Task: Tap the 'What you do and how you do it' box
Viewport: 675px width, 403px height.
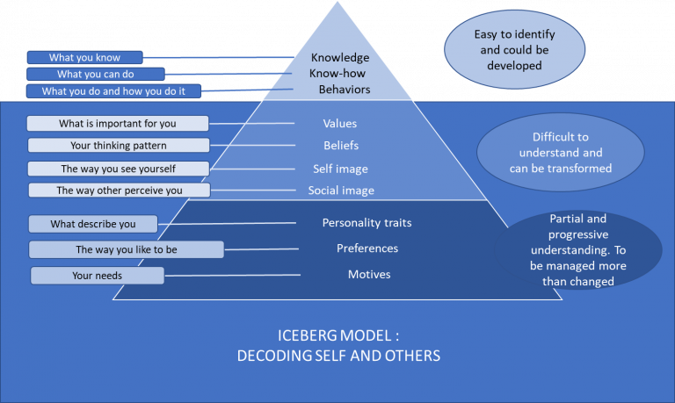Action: click(x=114, y=91)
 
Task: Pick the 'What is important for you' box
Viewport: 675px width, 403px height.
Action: click(x=118, y=124)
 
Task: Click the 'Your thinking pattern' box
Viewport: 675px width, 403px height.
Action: click(x=118, y=146)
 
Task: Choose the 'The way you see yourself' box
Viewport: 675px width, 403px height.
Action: click(x=118, y=169)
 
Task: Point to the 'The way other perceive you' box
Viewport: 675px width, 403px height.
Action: click(x=119, y=191)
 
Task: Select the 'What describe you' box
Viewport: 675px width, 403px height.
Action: click(x=92, y=224)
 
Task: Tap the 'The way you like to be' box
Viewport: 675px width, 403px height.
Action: click(x=126, y=250)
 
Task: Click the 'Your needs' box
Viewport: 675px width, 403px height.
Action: click(x=97, y=276)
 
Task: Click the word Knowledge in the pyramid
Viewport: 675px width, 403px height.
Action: click(x=340, y=58)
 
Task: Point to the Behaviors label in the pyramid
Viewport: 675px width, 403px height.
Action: click(x=345, y=90)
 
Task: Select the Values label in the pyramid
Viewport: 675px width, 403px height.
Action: click(x=340, y=124)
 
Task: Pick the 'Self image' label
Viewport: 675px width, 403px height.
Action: click(x=340, y=168)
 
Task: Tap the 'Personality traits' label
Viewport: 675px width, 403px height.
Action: click(x=367, y=223)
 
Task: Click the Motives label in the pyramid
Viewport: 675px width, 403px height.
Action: click(x=369, y=275)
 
